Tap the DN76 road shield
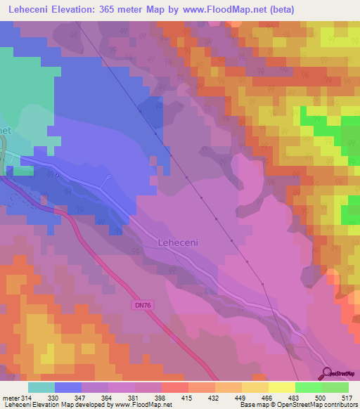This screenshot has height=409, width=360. point(141,305)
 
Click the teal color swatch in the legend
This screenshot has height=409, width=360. point(41,387)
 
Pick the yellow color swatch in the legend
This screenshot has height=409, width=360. point(281,387)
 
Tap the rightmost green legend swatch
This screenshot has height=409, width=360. point(335,387)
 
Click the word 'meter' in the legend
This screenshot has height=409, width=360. point(11,398)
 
